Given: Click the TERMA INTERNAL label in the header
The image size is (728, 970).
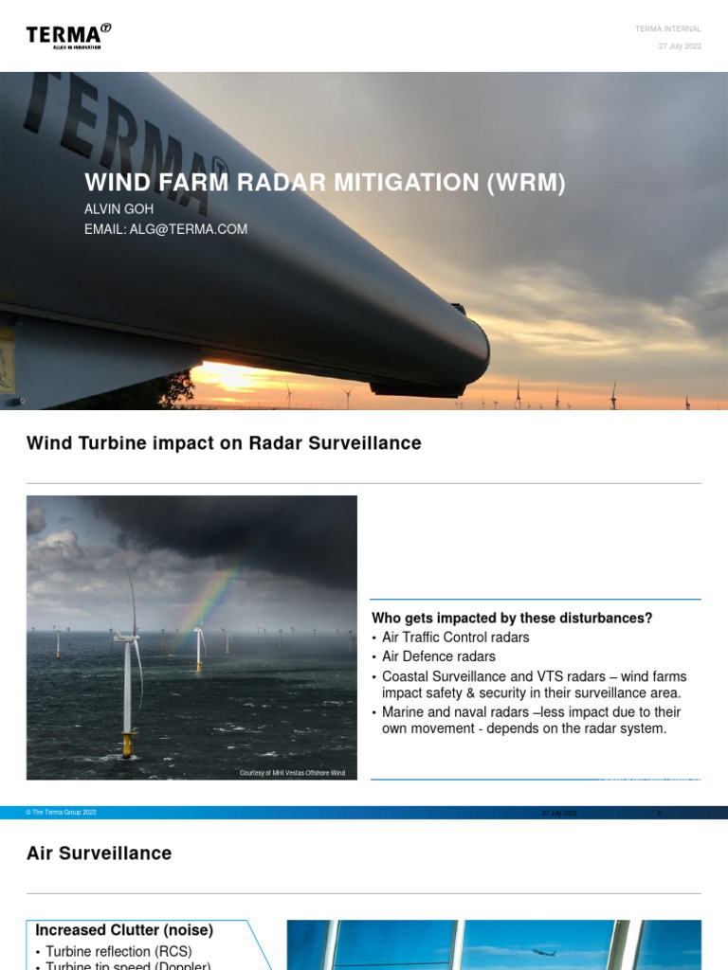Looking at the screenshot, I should tap(668, 29).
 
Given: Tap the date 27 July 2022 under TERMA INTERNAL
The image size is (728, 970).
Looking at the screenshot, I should tap(680, 46).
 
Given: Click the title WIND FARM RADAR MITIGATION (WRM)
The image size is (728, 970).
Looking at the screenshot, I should tap(325, 183).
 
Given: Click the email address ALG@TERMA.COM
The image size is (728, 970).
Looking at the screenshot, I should tap(166, 229).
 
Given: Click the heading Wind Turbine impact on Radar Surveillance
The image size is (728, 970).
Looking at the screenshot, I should tap(224, 443).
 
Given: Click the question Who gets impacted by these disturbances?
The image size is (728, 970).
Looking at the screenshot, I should tap(512, 619).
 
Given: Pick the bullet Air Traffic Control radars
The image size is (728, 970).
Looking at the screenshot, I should tap(455, 638).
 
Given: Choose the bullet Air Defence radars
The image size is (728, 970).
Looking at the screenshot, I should tap(438, 656).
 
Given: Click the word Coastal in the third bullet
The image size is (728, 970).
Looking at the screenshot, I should tap(406, 676).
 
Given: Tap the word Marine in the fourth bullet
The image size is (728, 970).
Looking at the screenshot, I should tap(404, 712).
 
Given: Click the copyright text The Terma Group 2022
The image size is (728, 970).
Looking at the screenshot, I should tap(64, 813).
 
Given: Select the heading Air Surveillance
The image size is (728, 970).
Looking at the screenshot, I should tap(99, 853).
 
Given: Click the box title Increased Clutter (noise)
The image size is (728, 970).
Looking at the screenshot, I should tap(124, 930).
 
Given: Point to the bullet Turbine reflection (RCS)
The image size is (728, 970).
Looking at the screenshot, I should tap(118, 951).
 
